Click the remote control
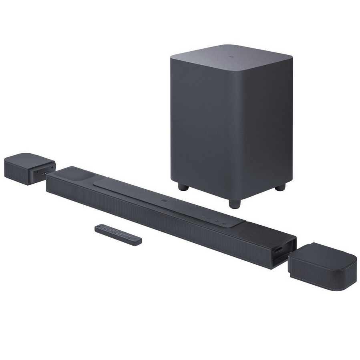pyautogui.click(x=118, y=234)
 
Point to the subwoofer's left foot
pyautogui.click(x=183, y=187)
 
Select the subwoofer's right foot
pyautogui.click(x=281, y=186)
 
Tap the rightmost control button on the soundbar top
pyautogui.click(x=225, y=221)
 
